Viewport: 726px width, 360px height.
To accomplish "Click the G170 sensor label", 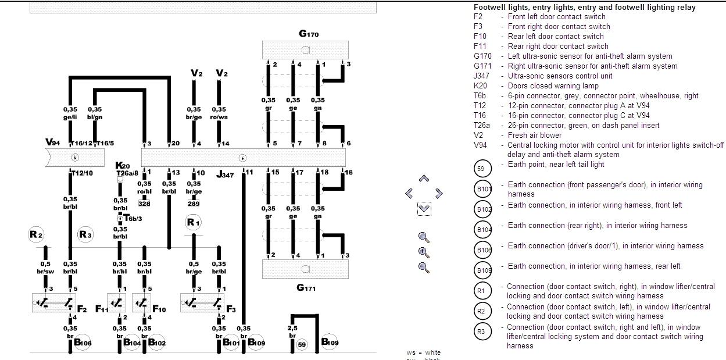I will coord(309,34).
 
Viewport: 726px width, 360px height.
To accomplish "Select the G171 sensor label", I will coord(306,287).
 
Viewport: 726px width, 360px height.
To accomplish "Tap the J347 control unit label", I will coord(224,174).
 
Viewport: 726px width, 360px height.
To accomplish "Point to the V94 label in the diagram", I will coord(53,142).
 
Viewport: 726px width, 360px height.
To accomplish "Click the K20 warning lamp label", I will coord(123,166).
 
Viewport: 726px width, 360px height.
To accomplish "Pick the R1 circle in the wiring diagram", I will coord(194,223).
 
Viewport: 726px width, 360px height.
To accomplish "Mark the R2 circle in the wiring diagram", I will coord(36,235).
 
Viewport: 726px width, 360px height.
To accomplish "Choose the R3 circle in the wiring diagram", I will coord(85,235).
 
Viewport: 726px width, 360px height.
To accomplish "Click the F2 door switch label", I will coord(81,309).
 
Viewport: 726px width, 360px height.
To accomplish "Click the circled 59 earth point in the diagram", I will coord(301,345).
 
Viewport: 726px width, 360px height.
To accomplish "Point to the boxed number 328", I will coord(144,204).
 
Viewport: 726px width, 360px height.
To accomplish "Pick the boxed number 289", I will coord(194,204).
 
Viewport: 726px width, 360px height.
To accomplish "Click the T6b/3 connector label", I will coord(133,219).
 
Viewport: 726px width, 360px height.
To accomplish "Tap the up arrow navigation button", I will coord(424,179).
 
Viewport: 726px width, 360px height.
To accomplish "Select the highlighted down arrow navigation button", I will coord(424,208).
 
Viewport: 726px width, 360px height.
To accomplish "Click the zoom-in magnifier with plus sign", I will coord(424,252).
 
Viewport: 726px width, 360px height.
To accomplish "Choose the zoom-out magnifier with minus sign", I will coord(424,268).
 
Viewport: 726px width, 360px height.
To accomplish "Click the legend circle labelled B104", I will coord(484,230).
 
